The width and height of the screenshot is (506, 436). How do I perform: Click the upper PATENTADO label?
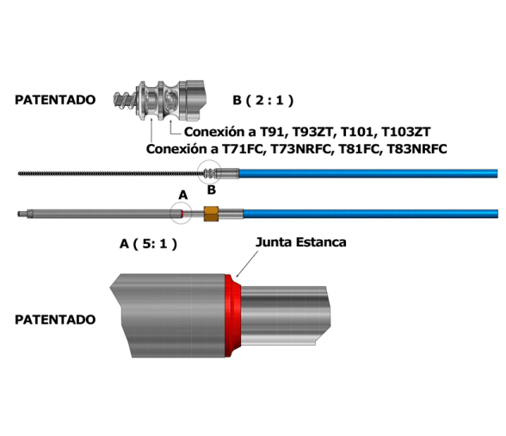55,100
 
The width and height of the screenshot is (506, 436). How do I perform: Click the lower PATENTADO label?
55,320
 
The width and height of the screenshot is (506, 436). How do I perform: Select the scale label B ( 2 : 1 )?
263,100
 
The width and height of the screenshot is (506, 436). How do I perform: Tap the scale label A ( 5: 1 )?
148,243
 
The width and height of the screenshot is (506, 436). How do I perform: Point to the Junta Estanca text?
301,242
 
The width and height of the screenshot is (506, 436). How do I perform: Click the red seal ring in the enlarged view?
233,315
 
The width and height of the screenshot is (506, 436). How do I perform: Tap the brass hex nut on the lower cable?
211,214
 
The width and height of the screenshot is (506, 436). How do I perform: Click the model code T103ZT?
406,132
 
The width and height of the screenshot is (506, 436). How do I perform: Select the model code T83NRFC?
417,149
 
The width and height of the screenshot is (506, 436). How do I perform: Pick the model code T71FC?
244,149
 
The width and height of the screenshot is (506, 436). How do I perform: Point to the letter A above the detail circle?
183,195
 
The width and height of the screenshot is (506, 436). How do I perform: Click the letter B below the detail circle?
212,190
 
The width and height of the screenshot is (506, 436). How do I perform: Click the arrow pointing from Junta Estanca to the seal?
247,264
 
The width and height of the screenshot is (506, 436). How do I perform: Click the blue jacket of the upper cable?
368,173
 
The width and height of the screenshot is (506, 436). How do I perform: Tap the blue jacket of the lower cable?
371,214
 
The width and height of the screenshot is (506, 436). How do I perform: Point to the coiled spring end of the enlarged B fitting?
125,101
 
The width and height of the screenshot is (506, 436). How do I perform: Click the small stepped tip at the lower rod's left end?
22,214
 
